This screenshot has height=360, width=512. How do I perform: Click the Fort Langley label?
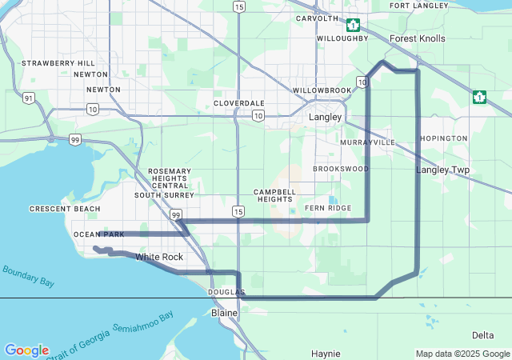418,6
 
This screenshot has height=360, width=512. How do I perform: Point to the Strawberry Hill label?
58,63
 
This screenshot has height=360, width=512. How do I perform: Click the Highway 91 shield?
29,98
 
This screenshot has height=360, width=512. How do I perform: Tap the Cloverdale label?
238,103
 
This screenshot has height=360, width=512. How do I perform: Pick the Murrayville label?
367,142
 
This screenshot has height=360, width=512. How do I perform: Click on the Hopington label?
443,138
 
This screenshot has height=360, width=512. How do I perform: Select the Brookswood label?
341,169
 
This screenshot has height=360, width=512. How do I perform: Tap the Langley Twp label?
443,170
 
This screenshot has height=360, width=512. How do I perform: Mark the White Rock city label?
159,257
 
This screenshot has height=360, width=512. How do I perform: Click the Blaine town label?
224,313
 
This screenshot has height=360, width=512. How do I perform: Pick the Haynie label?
326,353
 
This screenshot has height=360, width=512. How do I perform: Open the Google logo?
26,350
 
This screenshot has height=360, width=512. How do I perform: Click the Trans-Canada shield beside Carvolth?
354,24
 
